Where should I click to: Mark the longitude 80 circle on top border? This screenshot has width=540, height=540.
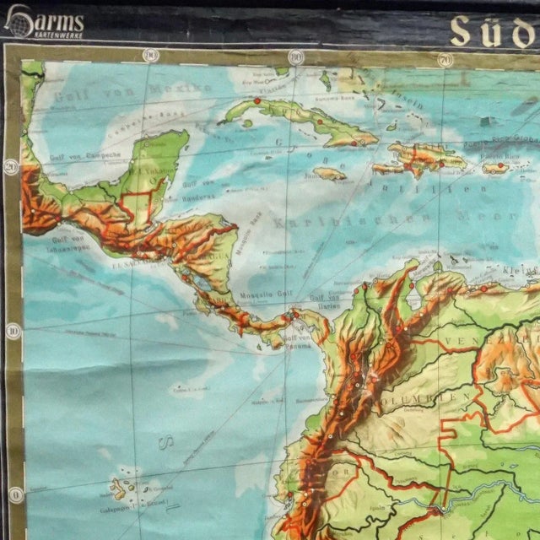click(294, 57)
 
